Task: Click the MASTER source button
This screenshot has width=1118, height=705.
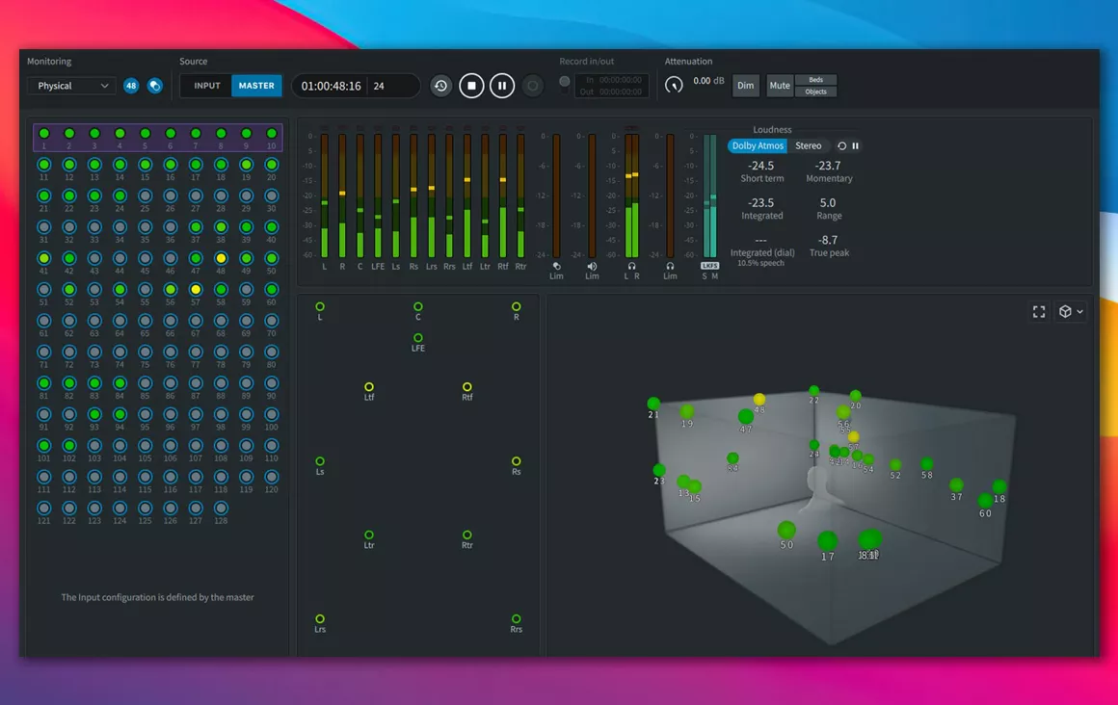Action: pos(256,86)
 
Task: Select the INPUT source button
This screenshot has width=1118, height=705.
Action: pos(207,86)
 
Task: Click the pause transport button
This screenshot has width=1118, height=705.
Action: pos(502,86)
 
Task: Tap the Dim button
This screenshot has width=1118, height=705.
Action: pos(746,86)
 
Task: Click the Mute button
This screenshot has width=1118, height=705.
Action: pos(780,86)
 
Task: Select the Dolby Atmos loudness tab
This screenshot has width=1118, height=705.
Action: pos(758,146)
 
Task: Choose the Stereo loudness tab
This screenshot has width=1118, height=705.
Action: pos(809,146)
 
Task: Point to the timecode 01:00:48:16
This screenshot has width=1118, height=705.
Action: pos(332,86)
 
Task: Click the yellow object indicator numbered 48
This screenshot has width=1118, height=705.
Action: pos(221,259)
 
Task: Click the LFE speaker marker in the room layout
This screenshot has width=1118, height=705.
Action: pos(418,338)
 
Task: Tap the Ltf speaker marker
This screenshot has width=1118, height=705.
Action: pos(369,387)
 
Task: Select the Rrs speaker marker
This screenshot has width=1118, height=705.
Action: pos(517,619)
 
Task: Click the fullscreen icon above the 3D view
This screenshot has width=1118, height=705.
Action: pos(1039,312)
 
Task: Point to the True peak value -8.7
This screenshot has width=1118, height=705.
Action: pos(828,240)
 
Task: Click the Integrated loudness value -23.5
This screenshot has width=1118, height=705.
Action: pos(761,203)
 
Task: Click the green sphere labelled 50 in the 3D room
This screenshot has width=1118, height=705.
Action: pos(786,531)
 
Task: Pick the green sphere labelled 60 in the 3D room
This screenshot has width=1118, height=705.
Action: pos(985,501)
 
